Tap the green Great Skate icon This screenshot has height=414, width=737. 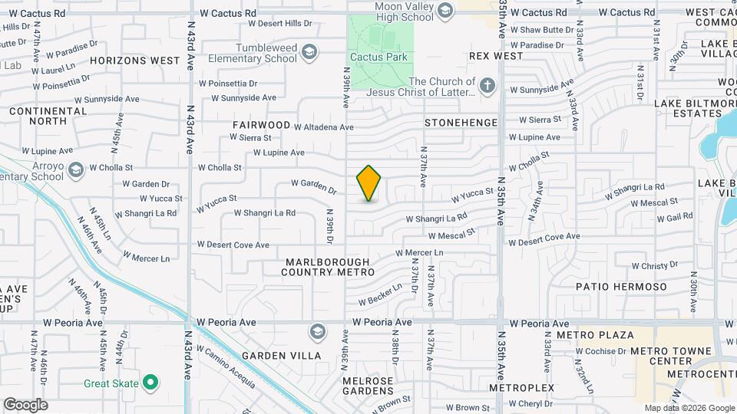coord(151,383)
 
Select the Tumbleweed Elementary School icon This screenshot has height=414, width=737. coord(309,52)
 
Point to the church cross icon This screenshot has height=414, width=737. coord(487,87)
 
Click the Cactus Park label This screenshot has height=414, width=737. coord(372,57)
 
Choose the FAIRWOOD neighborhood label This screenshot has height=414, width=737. coord(262,125)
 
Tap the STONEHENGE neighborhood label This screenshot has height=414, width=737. coord(461,123)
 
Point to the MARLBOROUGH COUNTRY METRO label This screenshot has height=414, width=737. coord(327,267)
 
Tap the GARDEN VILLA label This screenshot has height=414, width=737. coord(274,356)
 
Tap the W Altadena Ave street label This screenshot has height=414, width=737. coord(324,127)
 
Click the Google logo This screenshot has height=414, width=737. coord(25,405)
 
